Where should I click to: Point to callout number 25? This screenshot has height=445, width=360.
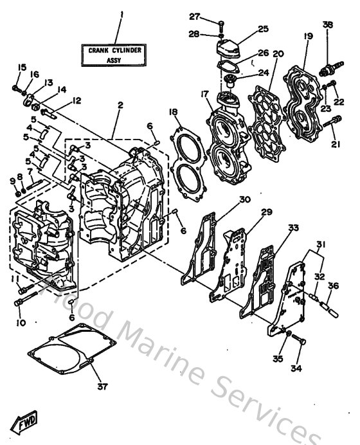pos(263,29)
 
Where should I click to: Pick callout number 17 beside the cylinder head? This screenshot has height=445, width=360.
pos(205,95)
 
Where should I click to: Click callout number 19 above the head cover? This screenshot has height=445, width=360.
pos(308,37)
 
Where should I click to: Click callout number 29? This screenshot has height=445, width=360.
pos(267,212)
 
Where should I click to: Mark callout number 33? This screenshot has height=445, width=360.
pos(294,228)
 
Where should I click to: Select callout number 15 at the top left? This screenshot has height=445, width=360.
pos(21,68)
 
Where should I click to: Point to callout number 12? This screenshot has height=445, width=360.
pos(76,100)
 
